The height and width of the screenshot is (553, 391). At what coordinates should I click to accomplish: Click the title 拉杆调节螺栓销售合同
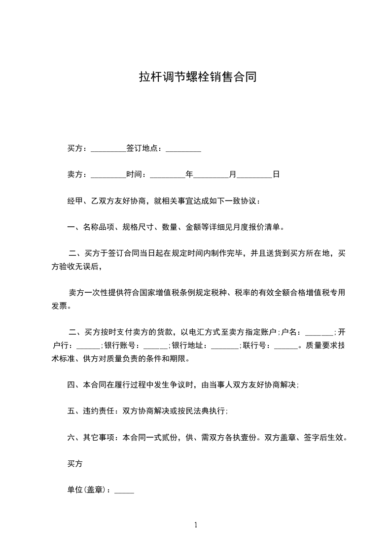click(198, 77)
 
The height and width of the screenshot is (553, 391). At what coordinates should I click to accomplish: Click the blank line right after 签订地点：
click(183, 148)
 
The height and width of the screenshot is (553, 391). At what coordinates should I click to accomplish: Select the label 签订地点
click(143, 148)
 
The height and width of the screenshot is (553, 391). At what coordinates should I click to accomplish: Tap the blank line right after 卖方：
click(108, 174)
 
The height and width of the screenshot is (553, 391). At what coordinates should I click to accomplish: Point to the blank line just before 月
click(212, 174)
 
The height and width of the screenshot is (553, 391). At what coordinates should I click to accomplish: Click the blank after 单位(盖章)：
click(124, 490)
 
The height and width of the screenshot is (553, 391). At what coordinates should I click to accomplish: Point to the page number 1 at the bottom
click(196, 525)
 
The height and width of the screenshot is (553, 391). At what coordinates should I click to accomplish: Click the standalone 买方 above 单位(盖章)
click(75, 464)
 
